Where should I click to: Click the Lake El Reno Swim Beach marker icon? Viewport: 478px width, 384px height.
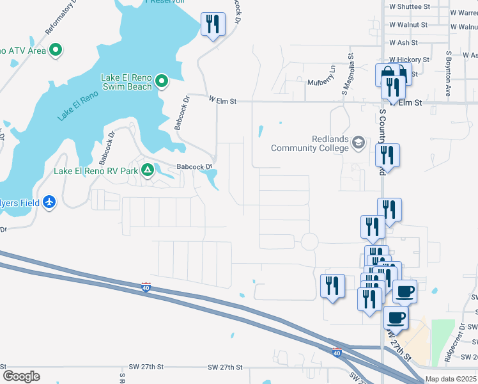click(x=162, y=81)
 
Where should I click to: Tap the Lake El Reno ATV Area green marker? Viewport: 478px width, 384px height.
click(x=56, y=49)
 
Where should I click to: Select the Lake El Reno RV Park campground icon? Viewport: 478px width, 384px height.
click(x=148, y=170)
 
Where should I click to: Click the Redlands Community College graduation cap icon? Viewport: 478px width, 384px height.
click(x=358, y=143)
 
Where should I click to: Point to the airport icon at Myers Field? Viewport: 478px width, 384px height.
click(x=50, y=202)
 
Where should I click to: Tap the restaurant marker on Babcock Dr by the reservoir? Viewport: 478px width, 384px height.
click(x=213, y=25)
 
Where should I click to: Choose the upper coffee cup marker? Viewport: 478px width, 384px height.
click(x=405, y=292)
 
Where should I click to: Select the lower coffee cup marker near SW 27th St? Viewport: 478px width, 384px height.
click(x=396, y=317)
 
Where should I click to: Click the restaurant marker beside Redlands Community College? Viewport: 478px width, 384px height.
click(x=387, y=156)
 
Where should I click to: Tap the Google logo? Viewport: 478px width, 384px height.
click(x=21, y=376)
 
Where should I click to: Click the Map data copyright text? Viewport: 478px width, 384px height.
click(x=451, y=379)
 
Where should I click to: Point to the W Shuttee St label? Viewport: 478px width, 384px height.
click(x=410, y=6)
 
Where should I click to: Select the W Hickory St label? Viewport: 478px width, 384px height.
click(x=409, y=60)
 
